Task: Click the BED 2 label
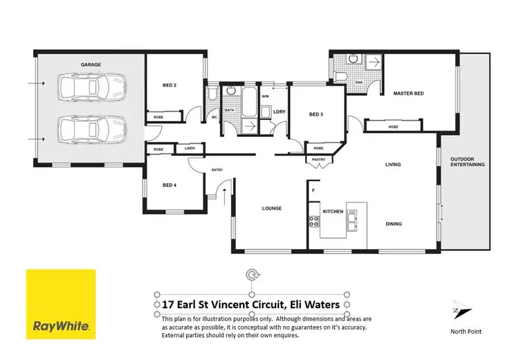[170, 85]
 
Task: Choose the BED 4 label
[170, 185]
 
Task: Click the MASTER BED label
[408, 93]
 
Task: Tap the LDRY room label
[280, 111]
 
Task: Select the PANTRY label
[319, 160]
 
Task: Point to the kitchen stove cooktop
[313, 222]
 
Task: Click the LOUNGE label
[271, 208]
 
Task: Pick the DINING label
[393, 224]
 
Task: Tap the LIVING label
[393, 164]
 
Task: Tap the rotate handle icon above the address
[253, 277]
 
